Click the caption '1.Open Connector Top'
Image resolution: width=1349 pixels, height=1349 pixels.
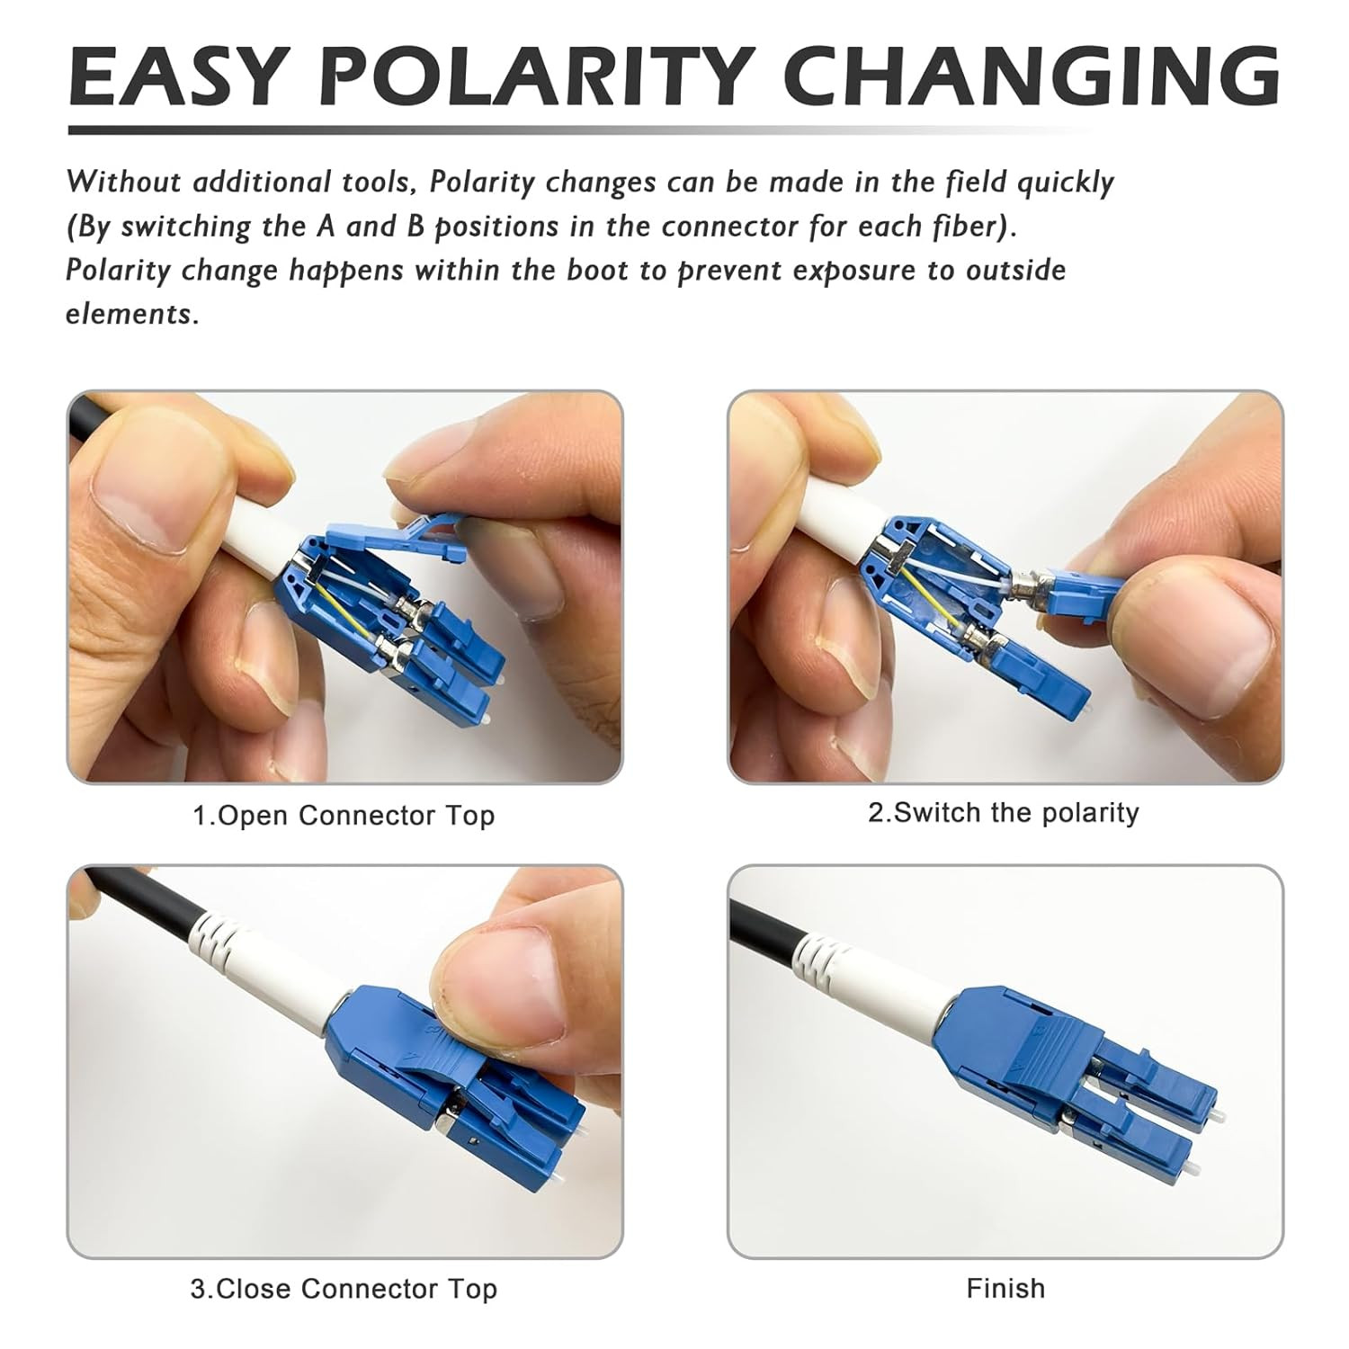point(344,816)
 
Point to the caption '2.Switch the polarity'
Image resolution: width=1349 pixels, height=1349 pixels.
point(1004,813)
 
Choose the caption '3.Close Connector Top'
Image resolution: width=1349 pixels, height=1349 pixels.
point(344,1289)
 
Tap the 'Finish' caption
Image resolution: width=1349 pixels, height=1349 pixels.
point(1005,1288)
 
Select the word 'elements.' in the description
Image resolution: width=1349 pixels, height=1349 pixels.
point(132,314)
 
